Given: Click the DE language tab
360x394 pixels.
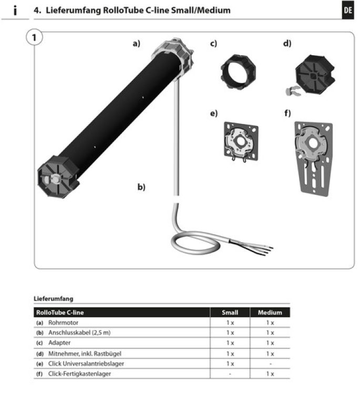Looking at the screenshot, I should pyautogui.click(x=347, y=11).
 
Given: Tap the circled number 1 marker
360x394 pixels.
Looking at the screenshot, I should pyautogui.click(x=34, y=39).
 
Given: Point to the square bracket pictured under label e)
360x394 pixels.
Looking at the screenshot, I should pyautogui.click(x=240, y=140).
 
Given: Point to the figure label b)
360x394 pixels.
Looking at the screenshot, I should pyautogui.click(x=141, y=186).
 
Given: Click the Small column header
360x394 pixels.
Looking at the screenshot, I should pyautogui.click(x=230, y=312).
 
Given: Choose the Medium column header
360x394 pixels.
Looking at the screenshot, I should pyautogui.click(x=270, y=312).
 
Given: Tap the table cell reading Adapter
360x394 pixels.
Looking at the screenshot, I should pyautogui.click(x=59, y=343).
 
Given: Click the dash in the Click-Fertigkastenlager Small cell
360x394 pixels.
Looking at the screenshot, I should pyautogui.click(x=230, y=374).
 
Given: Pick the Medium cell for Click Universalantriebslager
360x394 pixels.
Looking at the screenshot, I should pyautogui.click(x=270, y=363).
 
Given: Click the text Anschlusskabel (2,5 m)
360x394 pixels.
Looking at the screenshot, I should pyautogui.click(x=79, y=333).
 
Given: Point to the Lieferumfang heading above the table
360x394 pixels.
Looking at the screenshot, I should pyautogui.click(x=53, y=298).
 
